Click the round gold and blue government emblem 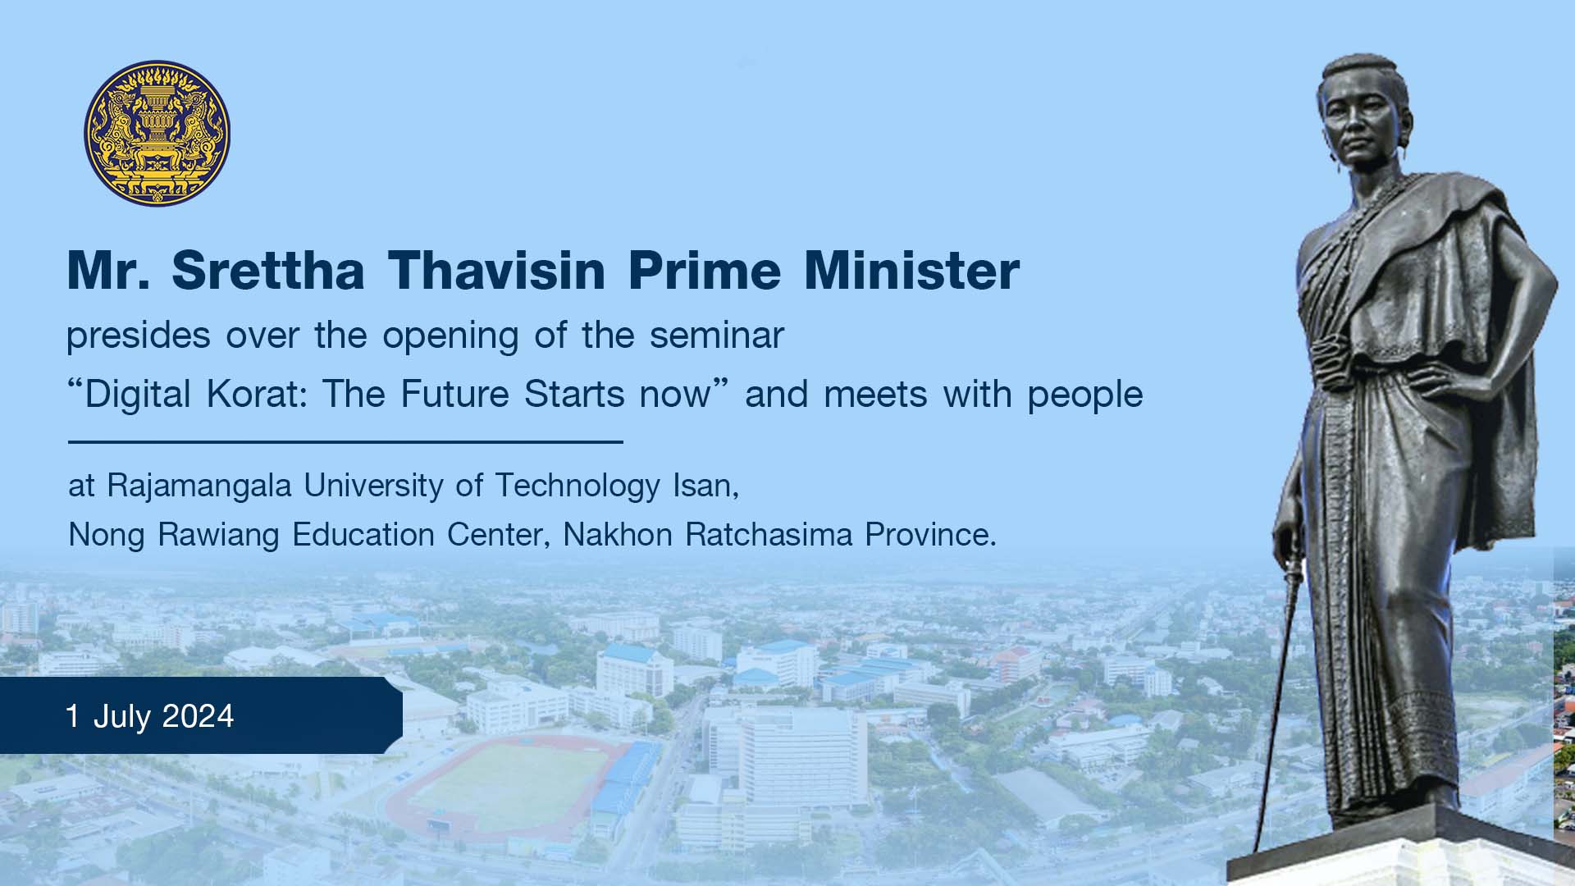coord(157,133)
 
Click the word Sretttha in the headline coord(268,270)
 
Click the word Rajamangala coord(199,486)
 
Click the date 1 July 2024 coord(150,716)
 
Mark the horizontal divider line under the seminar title coord(345,442)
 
